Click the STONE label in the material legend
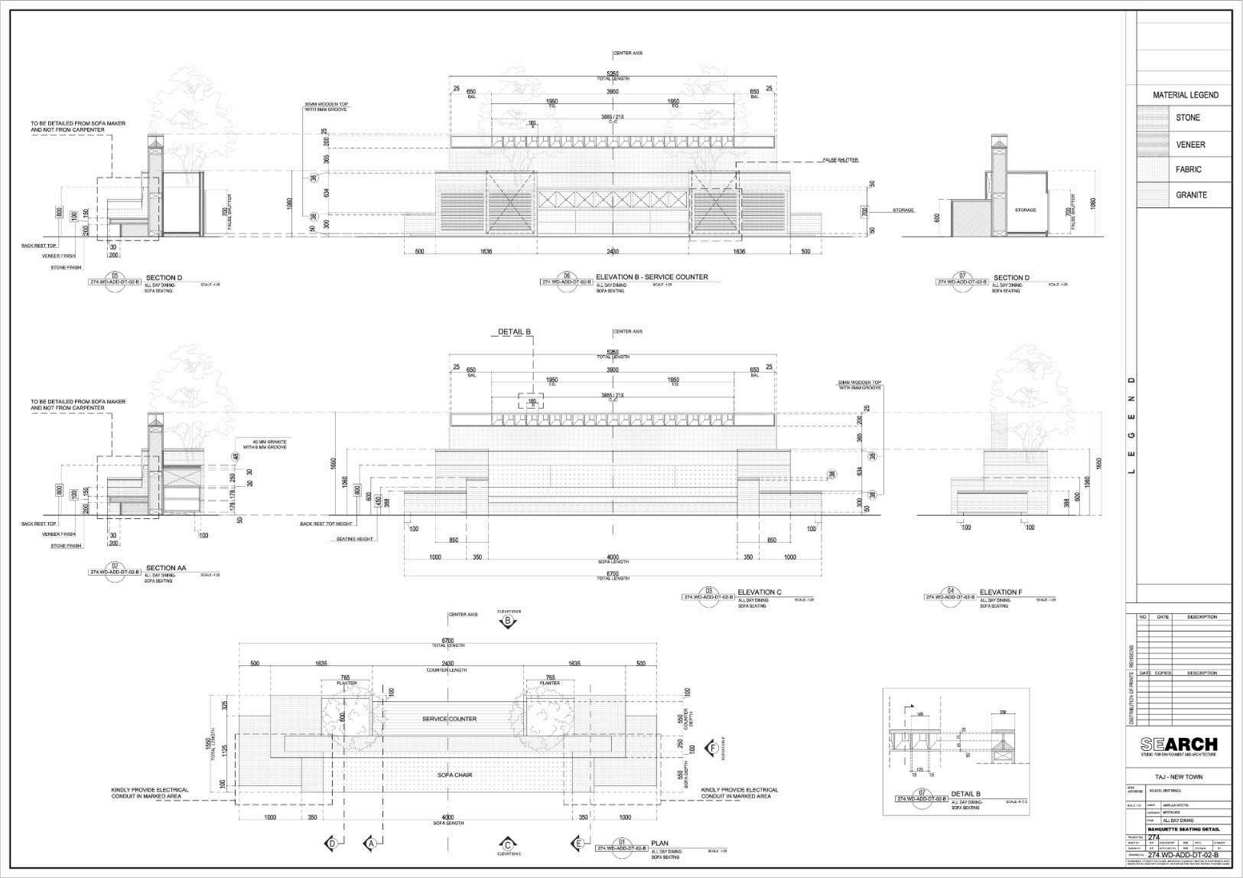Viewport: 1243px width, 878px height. click(x=1187, y=118)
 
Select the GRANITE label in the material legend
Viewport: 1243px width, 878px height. click(x=1191, y=195)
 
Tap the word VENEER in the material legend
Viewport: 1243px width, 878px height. click(x=1190, y=145)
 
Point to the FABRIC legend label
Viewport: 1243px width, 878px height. click(x=1188, y=170)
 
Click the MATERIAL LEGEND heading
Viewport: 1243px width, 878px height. click(x=1186, y=95)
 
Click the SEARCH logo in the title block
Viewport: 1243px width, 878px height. click(x=1178, y=745)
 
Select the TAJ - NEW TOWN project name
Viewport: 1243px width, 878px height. click(x=1179, y=777)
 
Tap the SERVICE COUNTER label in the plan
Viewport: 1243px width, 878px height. click(x=449, y=720)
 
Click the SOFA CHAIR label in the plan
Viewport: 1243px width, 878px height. click(x=454, y=775)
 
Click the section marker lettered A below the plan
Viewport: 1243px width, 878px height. click(x=371, y=843)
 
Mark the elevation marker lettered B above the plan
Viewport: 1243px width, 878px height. click(x=508, y=622)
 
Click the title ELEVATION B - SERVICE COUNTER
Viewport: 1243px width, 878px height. click(x=652, y=277)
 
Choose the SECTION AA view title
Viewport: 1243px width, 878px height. click(x=166, y=568)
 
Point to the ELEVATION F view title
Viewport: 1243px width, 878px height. click(x=1001, y=592)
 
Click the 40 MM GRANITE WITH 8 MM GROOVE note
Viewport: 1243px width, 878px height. click(x=265, y=444)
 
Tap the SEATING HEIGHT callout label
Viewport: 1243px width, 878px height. click(x=355, y=540)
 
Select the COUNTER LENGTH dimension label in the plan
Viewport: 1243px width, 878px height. click(x=447, y=671)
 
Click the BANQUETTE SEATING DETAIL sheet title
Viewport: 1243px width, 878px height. click(x=1183, y=830)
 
